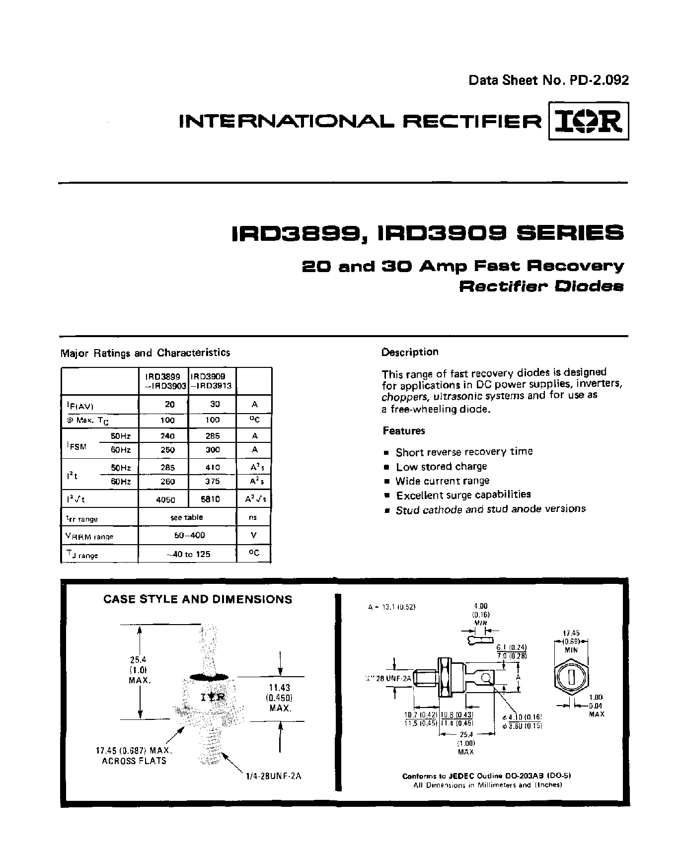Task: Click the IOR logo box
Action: (588, 121)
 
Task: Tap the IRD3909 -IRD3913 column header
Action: (212, 381)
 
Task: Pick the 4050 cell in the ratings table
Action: (165, 500)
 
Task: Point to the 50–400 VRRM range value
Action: (187, 535)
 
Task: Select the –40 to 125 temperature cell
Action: (187, 554)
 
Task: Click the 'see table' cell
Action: (187, 517)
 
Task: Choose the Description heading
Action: (410, 352)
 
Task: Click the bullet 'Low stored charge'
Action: (441, 467)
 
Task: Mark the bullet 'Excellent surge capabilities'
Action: (463, 495)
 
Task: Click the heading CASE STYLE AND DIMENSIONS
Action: (198, 599)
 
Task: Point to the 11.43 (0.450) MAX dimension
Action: (280, 698)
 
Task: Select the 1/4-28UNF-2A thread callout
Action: (273, 777)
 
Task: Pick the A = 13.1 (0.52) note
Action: (391, 607)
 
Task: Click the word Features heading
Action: (403, 431)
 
